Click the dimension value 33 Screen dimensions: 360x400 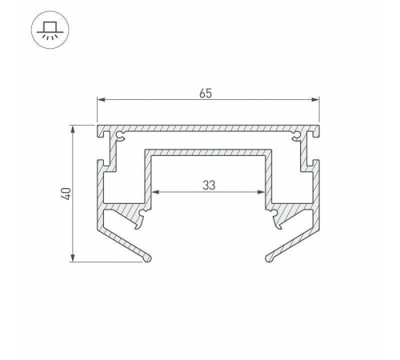(208, 185)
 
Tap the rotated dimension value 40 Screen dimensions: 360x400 (66, 193)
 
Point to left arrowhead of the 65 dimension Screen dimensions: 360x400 (100, 100)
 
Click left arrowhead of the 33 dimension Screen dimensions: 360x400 (154, 192)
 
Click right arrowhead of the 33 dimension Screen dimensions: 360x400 (262, 192)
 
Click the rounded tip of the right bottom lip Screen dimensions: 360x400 (270, 258)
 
